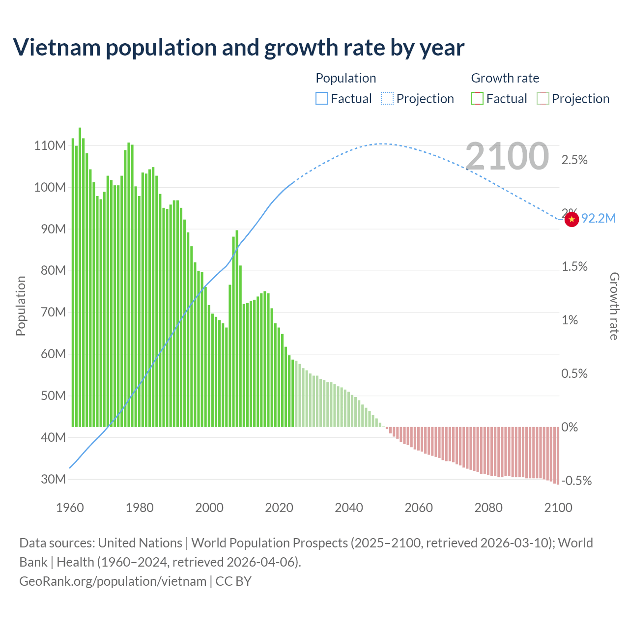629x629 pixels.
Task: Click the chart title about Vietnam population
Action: click(238, 48)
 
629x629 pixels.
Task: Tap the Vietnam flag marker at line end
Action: click(571, 219)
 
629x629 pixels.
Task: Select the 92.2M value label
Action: click(598, 219)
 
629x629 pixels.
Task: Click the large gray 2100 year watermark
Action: click(507, 156)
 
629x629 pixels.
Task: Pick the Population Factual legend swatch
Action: click(321, 99)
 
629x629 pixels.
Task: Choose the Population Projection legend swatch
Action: click(387, 99)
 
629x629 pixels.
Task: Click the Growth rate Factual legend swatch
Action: click(477, 99)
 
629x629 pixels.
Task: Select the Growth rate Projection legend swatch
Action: click(543, 99)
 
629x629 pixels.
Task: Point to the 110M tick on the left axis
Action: click(50, 146)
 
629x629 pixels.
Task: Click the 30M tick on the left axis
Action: click(52, 479)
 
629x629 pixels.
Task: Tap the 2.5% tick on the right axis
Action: click(574, 160)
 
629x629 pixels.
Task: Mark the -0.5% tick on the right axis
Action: click(576, 481)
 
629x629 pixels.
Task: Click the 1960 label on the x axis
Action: click(70, 508)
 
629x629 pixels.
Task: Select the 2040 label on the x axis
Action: click(349, 508)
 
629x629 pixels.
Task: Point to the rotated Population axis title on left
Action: click(21, 306)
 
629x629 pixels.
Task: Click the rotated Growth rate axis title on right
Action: click(614, 306)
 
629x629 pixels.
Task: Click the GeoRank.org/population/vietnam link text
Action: click(113, 581)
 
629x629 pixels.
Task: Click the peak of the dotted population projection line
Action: click(382, 143)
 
